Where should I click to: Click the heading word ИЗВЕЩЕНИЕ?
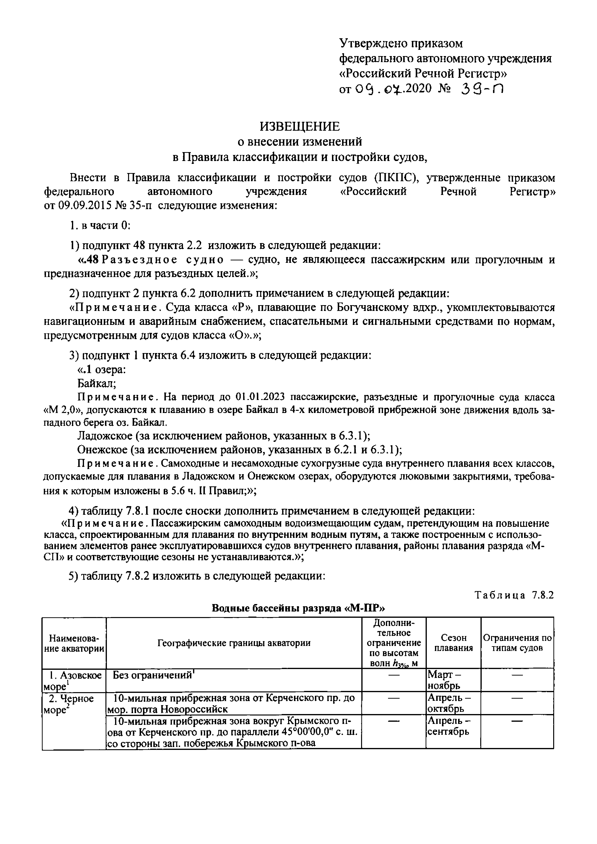pyautogui.click(x=300, y=126)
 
